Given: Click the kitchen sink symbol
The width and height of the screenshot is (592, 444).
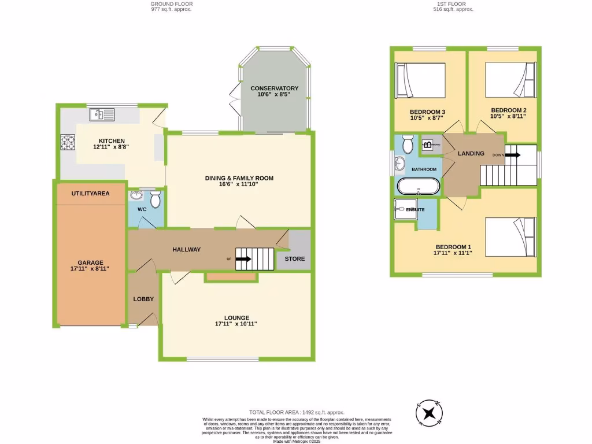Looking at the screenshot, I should (102, 115).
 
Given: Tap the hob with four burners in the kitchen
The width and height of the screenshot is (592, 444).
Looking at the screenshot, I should (68, 142).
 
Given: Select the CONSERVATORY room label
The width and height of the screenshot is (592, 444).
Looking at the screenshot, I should (274, 88).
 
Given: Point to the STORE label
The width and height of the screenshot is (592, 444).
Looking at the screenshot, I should (294, 259).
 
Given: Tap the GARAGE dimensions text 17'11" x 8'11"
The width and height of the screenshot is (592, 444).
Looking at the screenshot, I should (90, 269).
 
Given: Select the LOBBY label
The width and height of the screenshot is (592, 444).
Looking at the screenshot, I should (143, 299).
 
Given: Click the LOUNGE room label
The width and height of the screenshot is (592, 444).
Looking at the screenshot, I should (237, 317).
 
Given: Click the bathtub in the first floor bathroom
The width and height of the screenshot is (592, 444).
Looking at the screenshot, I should (419, 186).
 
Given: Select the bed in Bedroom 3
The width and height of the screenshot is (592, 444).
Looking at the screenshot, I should (420, 80).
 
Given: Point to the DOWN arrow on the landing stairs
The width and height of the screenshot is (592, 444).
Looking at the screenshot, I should (512, 155).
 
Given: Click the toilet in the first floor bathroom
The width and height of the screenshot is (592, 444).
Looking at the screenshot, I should (406, 143).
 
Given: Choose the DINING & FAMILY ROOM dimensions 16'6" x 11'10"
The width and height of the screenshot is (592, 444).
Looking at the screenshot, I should (239, 186).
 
